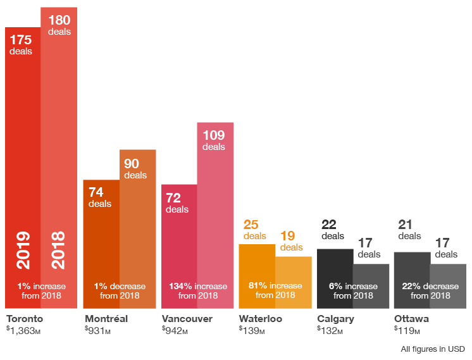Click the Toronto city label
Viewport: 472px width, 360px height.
pos(24,318)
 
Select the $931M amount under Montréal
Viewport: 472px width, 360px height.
pos(97,330)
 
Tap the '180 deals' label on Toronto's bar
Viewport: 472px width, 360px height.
pos(59,25)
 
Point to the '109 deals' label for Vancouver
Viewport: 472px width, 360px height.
pos(214,140)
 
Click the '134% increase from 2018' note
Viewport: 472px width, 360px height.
pos(197,290)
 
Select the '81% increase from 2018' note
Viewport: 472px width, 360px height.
pos(275,290)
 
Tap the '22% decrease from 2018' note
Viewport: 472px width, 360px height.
pos(430,290)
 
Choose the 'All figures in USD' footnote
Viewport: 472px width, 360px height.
pos(433,349)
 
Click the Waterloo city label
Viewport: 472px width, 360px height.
pos(260,318)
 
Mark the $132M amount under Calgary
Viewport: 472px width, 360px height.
pos(330,330)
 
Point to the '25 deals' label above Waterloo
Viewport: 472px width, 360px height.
pos(254,230)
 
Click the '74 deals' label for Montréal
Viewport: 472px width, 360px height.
pos(99,197)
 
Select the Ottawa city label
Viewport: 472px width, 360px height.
pos(411,318)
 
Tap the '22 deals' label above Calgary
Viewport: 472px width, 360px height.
pos(332,230)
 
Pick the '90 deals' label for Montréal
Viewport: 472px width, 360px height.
pos(135,168)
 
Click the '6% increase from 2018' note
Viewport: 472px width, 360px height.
pos(353,290)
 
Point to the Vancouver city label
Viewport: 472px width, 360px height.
pos(187,318)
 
